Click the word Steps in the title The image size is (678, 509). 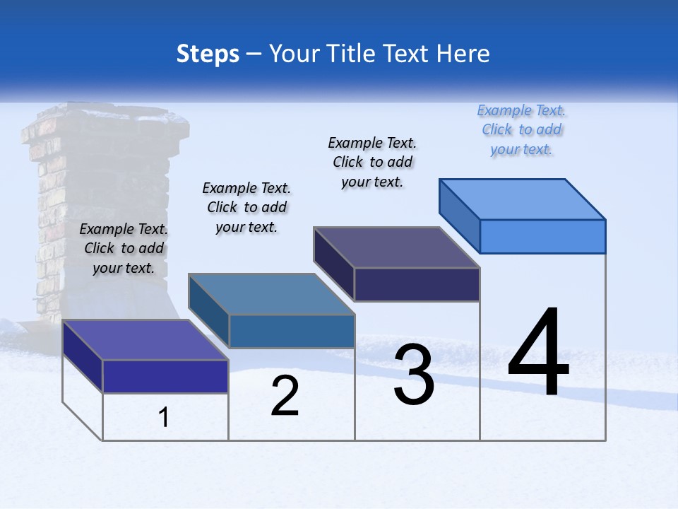pos(208,54)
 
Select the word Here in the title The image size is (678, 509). pos(463,54)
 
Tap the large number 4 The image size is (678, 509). pos(538,353)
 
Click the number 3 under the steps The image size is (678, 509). pos(414,375)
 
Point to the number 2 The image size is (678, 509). pos(285,397)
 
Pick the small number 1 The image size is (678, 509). pos(164,418)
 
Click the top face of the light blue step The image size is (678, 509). pos(523,199)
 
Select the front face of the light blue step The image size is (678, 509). pos(542,236)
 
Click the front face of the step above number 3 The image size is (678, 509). pos(417,285)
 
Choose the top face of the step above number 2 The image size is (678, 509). pos(271,294)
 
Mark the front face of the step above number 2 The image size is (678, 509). pos(292,332)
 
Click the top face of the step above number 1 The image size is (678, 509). pos(145,340)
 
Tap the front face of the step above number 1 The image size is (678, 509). pos(165,376)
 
